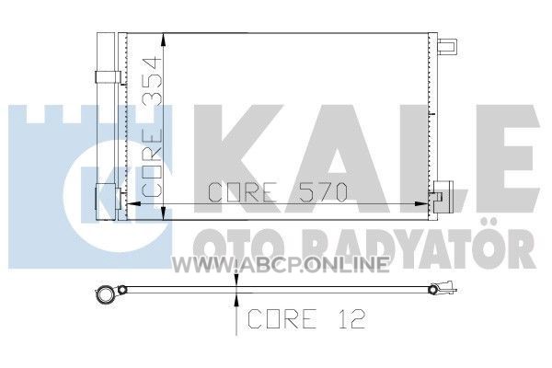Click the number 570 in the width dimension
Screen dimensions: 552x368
tap(323, 192)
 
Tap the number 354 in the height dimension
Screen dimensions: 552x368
tap(152, 80)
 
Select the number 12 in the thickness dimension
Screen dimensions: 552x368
tap(352, 318)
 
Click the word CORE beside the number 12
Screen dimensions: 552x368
tap(282, 318)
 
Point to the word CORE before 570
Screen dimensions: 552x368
tap(242, 192)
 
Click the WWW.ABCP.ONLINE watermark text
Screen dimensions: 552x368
tap(281, 264)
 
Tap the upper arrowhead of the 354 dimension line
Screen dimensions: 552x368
tap(163, 40)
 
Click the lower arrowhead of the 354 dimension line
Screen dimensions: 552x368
tap(163, 213)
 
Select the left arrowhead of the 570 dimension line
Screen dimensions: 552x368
tap(133, 203)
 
